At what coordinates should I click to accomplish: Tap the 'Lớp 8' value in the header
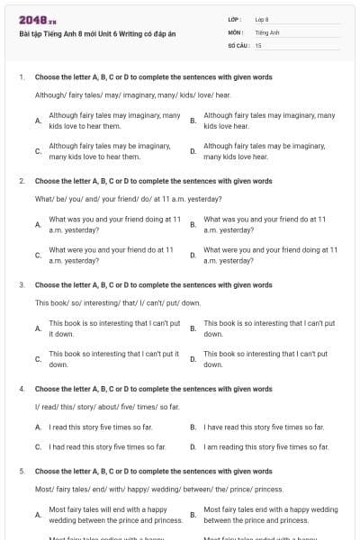[x=262, y=19]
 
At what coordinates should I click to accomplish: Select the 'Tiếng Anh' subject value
[x=267, y=31]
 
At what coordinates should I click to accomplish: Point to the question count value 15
[x=258, y=44]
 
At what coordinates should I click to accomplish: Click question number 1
[x=21, y=77]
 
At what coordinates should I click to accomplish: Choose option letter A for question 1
[x=38, y=121]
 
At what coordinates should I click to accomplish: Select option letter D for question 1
[x=193, y=151]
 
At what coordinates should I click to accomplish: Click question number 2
[x=21, y=181]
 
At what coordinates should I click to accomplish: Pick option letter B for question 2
[x=193, y=224]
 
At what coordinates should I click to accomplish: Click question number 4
[x=21, y=389]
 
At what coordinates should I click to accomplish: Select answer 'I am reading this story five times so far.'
[x=265, y=446]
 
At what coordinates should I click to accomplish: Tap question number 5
[x=21, y=471]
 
